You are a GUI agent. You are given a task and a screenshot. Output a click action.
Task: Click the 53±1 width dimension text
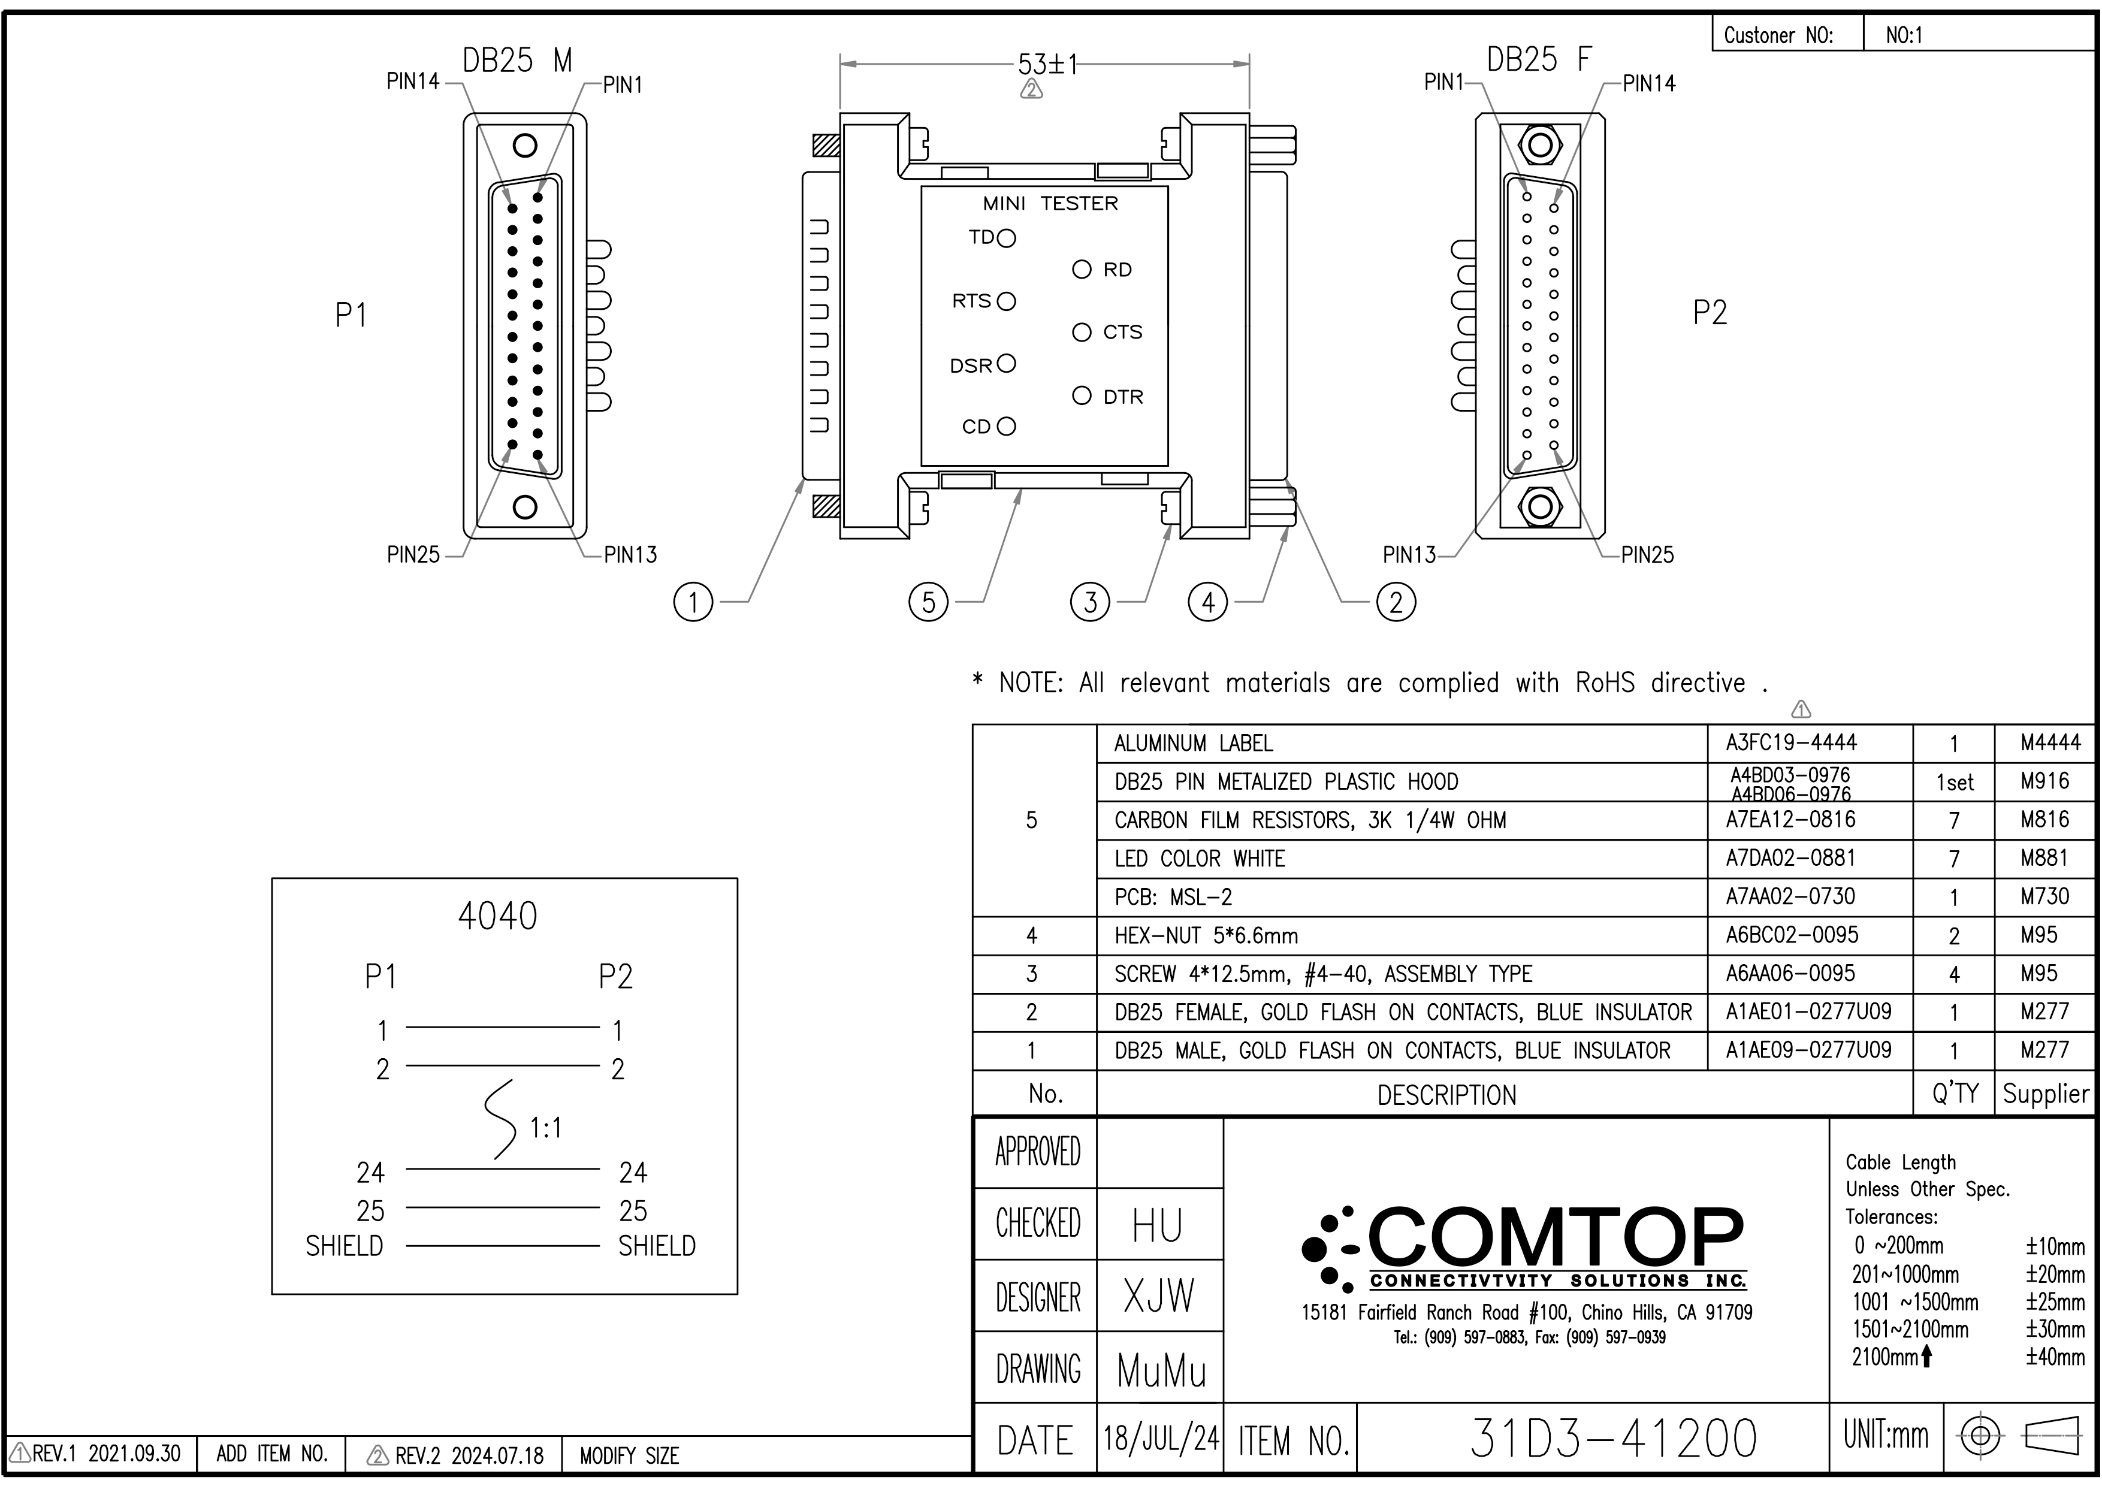point(1047,65)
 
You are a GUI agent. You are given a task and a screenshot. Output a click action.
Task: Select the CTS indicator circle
point(1082,333)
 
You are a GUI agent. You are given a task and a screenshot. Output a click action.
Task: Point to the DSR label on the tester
point(971,366)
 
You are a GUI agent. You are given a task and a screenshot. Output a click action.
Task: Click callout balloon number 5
point(928,602)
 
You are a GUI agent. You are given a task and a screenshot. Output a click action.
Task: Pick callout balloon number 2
point(1395,602)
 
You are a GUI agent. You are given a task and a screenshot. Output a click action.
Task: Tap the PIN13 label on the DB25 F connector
point(1409,555)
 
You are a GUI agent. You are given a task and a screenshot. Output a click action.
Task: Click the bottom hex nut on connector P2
point(1540,506)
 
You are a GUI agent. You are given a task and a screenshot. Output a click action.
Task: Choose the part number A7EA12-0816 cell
point(1791,820)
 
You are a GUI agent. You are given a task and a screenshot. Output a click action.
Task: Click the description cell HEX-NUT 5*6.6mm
point(1206,936)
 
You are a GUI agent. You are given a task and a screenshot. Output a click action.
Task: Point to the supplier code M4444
point(2050,742)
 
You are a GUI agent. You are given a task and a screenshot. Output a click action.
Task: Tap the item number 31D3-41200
point(1613,1439)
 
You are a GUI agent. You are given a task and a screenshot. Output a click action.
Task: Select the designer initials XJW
point(1159,1297)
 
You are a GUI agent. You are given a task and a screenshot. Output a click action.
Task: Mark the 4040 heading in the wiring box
point(497,916)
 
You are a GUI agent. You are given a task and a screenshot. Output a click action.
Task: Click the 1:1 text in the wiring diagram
point(546,1128)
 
